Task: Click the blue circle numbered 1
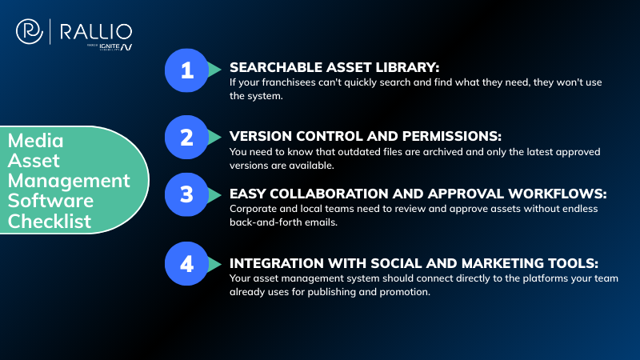click(186, 71)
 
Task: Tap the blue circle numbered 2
click(186, 138)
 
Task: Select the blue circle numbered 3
click(186, 195)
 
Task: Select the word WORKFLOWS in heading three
click(494, 193)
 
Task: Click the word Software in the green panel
click(50, 199)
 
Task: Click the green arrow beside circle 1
click(214, 71)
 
